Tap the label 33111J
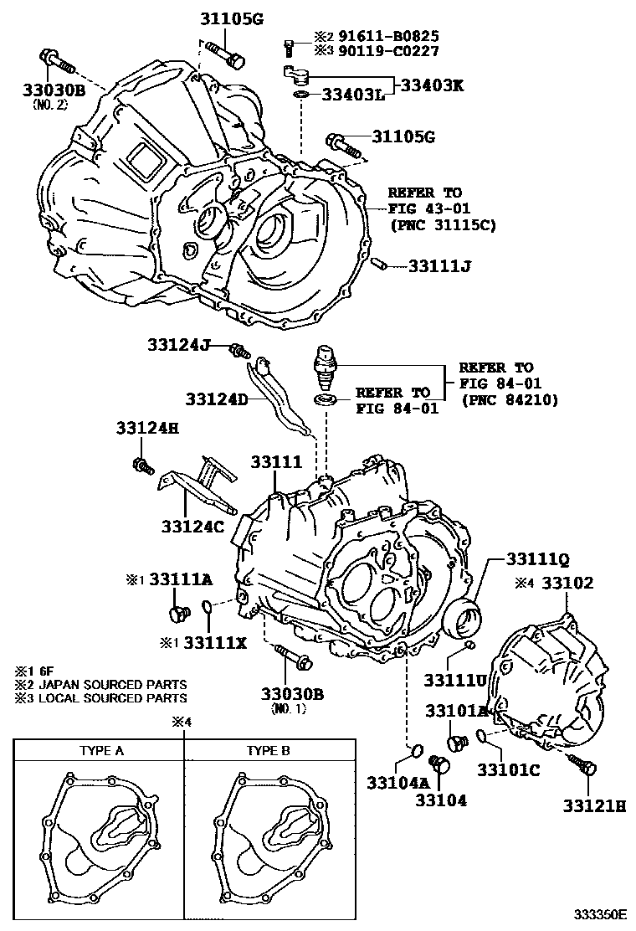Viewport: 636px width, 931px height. (x=440, y=266)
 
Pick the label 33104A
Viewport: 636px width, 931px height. (x=397, y=783)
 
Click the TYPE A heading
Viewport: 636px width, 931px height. (x=101, y=751)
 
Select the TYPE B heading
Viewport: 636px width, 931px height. (x=268, y=751)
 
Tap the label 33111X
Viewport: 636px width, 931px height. (x=215, y=642)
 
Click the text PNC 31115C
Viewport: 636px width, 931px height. (x=442, y=225)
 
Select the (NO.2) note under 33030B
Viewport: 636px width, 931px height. (x=52, y=105)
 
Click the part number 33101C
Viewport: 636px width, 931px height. (x=509, y=769)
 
